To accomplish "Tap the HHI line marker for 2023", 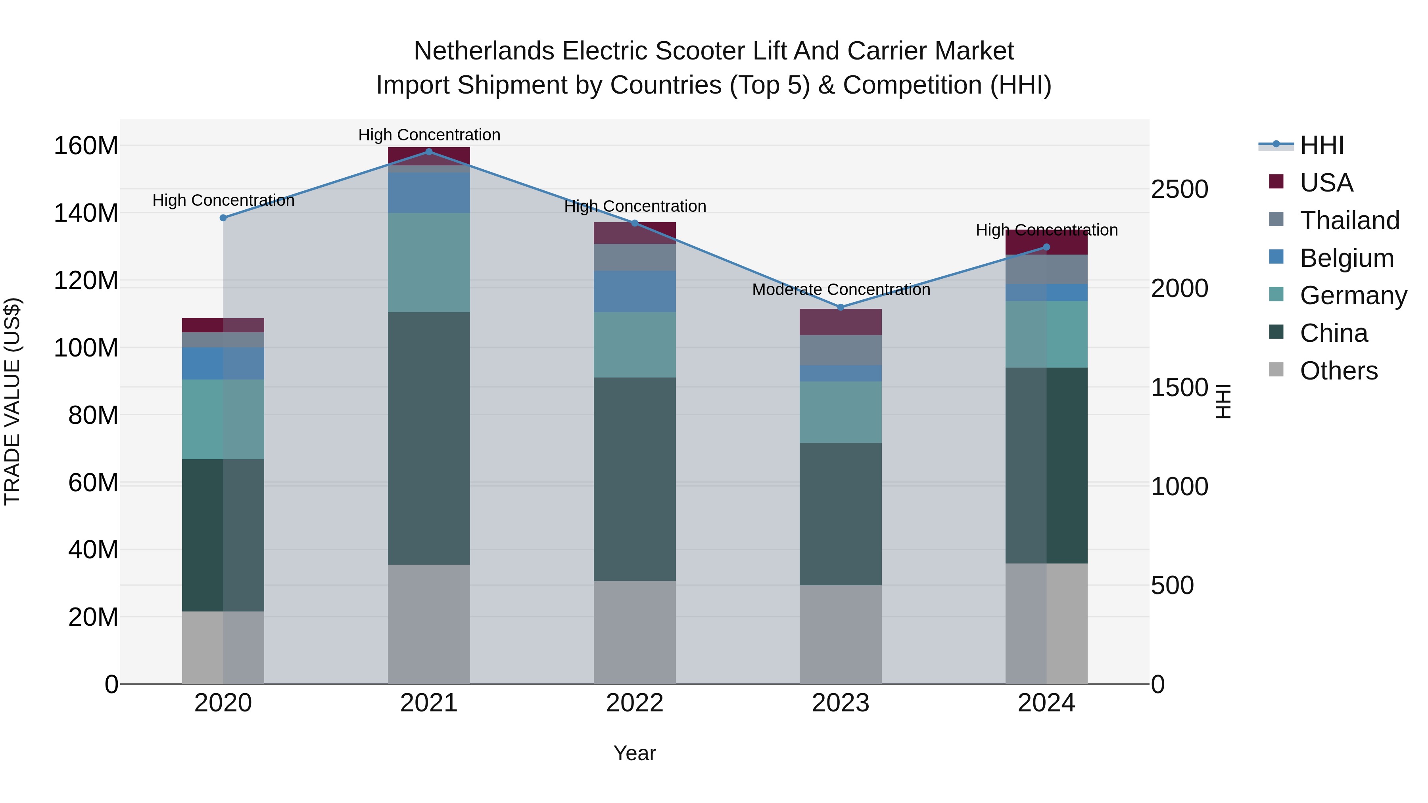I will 841,307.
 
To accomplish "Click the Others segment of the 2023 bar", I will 841,634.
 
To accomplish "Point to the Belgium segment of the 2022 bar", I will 635,291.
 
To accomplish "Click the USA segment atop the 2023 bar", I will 841,322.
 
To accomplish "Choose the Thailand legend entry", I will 1349,220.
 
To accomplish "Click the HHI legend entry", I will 1322,145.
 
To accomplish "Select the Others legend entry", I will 1338,371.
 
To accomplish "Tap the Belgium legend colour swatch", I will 1276,257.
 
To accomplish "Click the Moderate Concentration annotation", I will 841,289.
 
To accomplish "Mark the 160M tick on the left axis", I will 86,146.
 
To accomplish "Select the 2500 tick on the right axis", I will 1179,189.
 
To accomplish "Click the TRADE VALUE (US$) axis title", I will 12,401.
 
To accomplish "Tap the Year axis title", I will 634,753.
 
